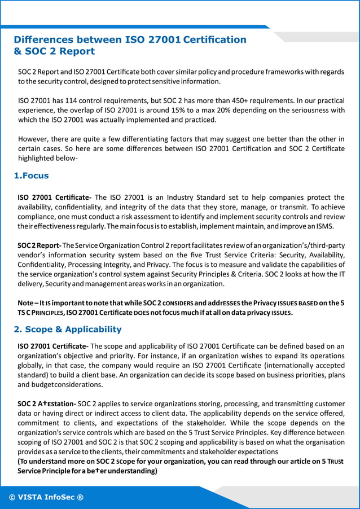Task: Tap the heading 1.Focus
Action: point(31,175)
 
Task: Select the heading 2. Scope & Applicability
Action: point(68,329)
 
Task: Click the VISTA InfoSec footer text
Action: point(46,497)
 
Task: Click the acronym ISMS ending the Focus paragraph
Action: point(325,226)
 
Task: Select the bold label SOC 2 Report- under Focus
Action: point(39,245)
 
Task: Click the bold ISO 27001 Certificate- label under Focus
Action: point(55,198)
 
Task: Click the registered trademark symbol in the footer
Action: point(80,497)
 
